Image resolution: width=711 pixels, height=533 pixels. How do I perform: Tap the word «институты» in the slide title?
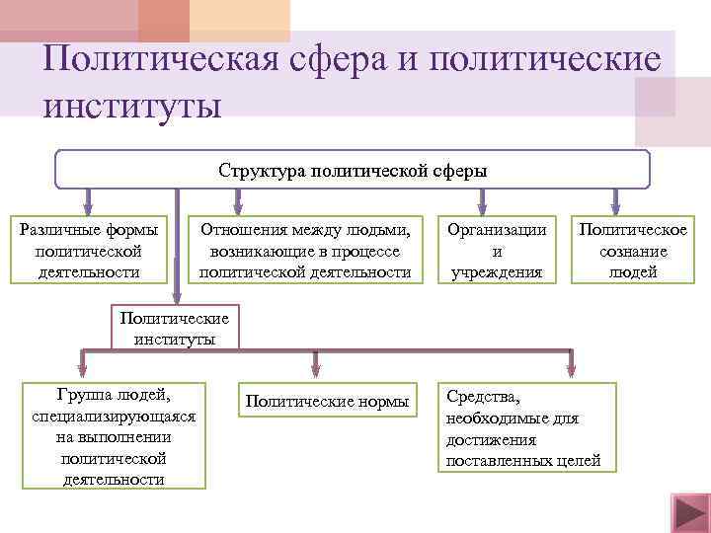tap(132, 103)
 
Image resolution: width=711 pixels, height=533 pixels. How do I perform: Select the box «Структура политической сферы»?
tap(353, 170)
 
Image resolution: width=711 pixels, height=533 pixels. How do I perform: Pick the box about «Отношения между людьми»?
tap(304, 251)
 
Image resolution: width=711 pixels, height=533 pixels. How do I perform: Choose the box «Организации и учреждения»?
tap(496, 251)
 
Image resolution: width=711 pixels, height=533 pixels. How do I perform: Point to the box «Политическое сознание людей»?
tap(633, 251)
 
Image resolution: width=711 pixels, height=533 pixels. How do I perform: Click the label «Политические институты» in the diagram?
tap(174, 329)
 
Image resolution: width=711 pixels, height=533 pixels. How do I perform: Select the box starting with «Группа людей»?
tap(114, 434)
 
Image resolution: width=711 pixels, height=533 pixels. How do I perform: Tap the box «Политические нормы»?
tap(327, 401)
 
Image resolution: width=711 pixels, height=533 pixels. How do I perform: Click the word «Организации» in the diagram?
tap(496, 230)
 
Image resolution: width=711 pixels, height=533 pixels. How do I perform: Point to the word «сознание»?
tap(633, 251)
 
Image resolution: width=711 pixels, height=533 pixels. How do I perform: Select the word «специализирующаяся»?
tap(114, 417)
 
